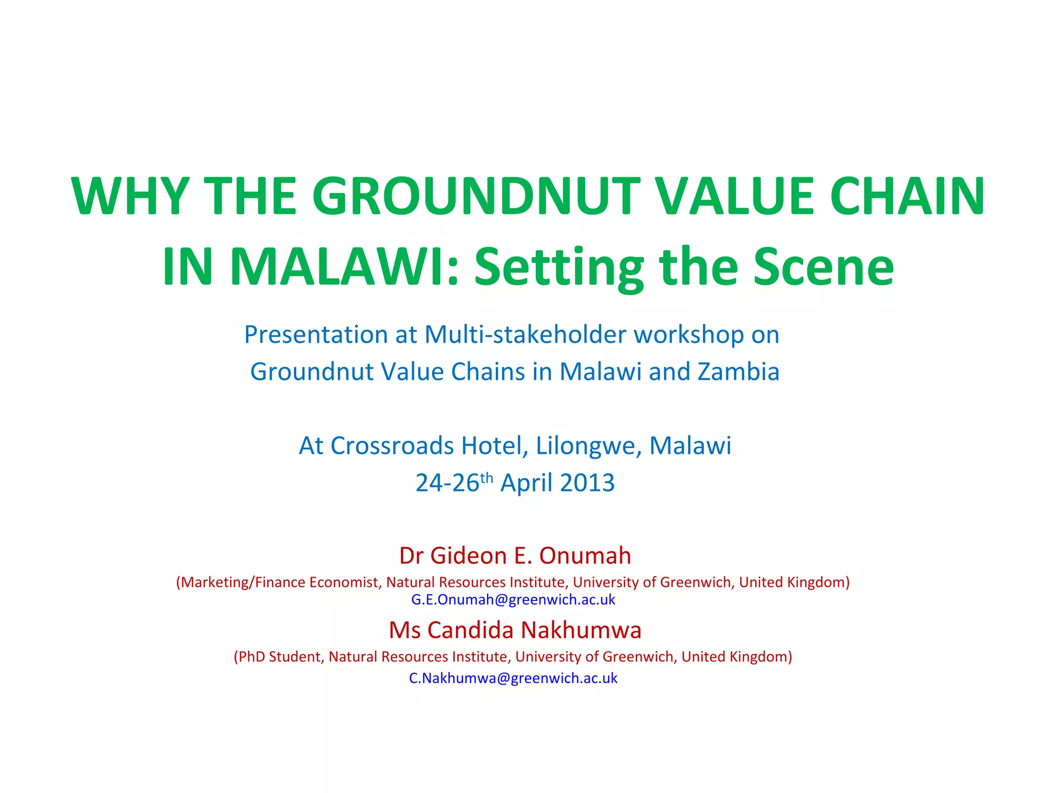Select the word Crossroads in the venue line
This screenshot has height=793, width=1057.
click(392, 446)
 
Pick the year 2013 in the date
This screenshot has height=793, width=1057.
click(587, 483)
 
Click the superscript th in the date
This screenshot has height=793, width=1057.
click(487, 478)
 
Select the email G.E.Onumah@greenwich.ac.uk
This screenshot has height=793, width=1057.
click(513, 600)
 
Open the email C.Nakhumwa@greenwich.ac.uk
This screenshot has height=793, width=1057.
click(513, 678)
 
